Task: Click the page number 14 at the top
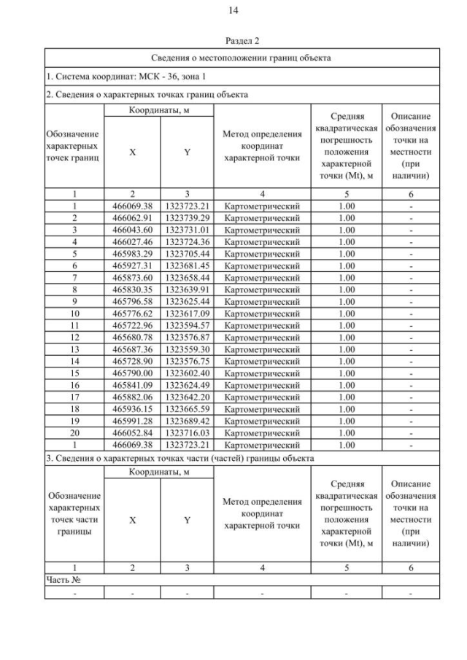pos(233,10)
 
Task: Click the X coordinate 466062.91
pos(132,218)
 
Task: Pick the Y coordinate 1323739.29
pos(187,218)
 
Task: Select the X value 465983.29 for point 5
pos(132,254)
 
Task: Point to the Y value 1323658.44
pos(187,278)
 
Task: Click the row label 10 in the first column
pos(74,314)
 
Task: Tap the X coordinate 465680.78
pos(132,338)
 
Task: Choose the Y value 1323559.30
pos(187,349)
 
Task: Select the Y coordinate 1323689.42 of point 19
pos(187,421)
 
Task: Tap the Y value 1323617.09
pos(187,314)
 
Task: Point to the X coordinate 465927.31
pos(132,266)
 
